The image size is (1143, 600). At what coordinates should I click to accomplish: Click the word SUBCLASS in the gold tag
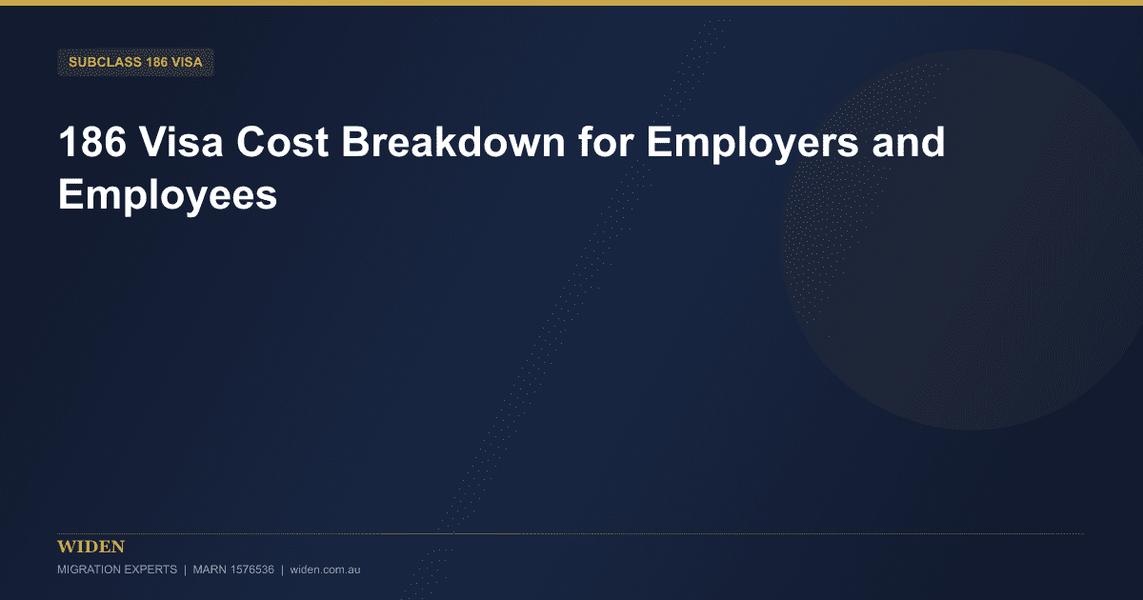105,62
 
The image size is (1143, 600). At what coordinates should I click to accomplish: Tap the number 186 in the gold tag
156,62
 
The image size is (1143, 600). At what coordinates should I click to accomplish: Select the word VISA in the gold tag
188,62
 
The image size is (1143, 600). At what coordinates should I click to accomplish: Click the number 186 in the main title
92,142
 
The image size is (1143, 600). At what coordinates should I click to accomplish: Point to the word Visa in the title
182,142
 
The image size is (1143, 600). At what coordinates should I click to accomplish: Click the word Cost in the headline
282,142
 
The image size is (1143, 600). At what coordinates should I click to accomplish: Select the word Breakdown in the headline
453,142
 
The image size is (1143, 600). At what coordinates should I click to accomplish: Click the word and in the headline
909,142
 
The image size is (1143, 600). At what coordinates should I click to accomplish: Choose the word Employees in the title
168,195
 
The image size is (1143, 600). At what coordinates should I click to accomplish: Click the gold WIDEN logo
90,547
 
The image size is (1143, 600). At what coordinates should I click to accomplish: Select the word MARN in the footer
210,570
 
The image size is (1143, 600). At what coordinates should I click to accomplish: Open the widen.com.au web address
325,570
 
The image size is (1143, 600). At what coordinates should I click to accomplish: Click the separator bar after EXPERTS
185,570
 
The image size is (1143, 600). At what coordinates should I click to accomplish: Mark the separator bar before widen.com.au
282,570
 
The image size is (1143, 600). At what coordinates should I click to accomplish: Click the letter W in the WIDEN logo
66,547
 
